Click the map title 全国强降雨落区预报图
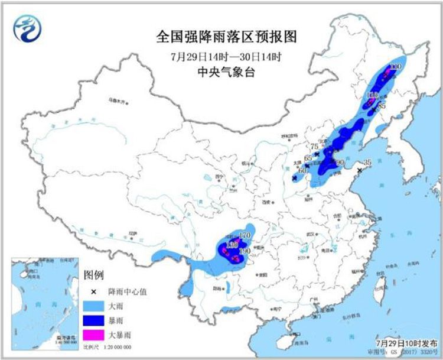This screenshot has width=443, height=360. tap(227, 37)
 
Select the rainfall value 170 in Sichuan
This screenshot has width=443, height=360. tap(245, 236)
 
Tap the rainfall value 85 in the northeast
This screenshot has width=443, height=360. tap(382, 106)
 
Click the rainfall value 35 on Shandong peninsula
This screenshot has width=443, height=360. tap(367, 162)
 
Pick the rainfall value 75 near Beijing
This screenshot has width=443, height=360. tap(315, 147)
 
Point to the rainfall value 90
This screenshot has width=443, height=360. tap(340, 162)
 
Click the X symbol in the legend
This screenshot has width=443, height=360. tap(93, 291)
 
